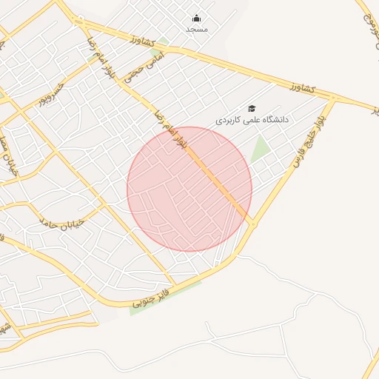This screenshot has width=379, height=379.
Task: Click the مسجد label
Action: coord(197,29)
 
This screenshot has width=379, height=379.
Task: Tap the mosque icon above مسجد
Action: coord(196,19)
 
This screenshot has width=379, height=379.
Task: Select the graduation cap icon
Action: coord(252,108)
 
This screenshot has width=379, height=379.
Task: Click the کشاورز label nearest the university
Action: coord(302,89)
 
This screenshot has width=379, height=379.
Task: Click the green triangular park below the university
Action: coord(260,149)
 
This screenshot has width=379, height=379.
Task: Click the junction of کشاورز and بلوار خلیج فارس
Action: coord(333,98)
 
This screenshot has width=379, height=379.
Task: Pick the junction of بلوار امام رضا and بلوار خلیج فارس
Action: coord(252,223)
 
